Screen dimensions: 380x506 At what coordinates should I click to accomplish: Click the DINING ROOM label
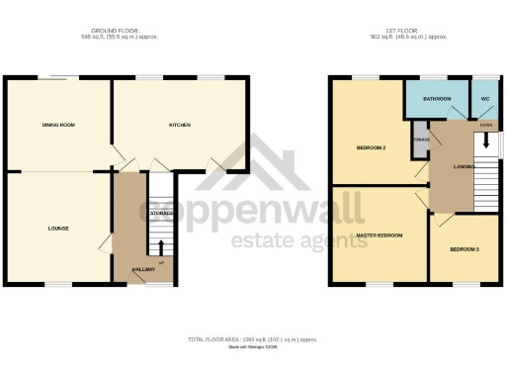click(59, 125)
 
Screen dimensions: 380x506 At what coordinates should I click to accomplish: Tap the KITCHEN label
click(179, 125)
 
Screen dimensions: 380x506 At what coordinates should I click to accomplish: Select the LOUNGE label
click(57, 229)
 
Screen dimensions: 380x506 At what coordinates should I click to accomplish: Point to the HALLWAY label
click(144, 268)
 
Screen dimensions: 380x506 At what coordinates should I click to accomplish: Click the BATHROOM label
click(437, 99)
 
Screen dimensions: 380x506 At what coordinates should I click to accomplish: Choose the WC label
click(484, 99)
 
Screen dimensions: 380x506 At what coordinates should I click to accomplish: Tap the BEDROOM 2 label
click(371, 148)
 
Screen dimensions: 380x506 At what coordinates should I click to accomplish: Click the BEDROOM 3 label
click(464, 249)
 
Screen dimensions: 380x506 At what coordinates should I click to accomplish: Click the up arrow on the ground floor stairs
click(160, 245)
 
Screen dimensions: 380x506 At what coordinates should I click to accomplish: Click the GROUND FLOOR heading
click(126, 32)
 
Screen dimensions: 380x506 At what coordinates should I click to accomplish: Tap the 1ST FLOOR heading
click(416, 32)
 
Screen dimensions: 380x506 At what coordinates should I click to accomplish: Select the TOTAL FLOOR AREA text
click(253, 339)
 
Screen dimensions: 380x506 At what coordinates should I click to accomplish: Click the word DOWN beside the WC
click(485, 125)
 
